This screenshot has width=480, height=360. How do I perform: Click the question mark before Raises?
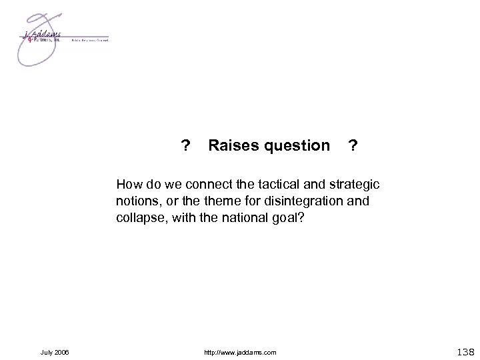[186, 145]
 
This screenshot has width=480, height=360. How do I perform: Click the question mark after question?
[353, 145]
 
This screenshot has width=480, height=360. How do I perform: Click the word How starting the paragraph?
[127, 182]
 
